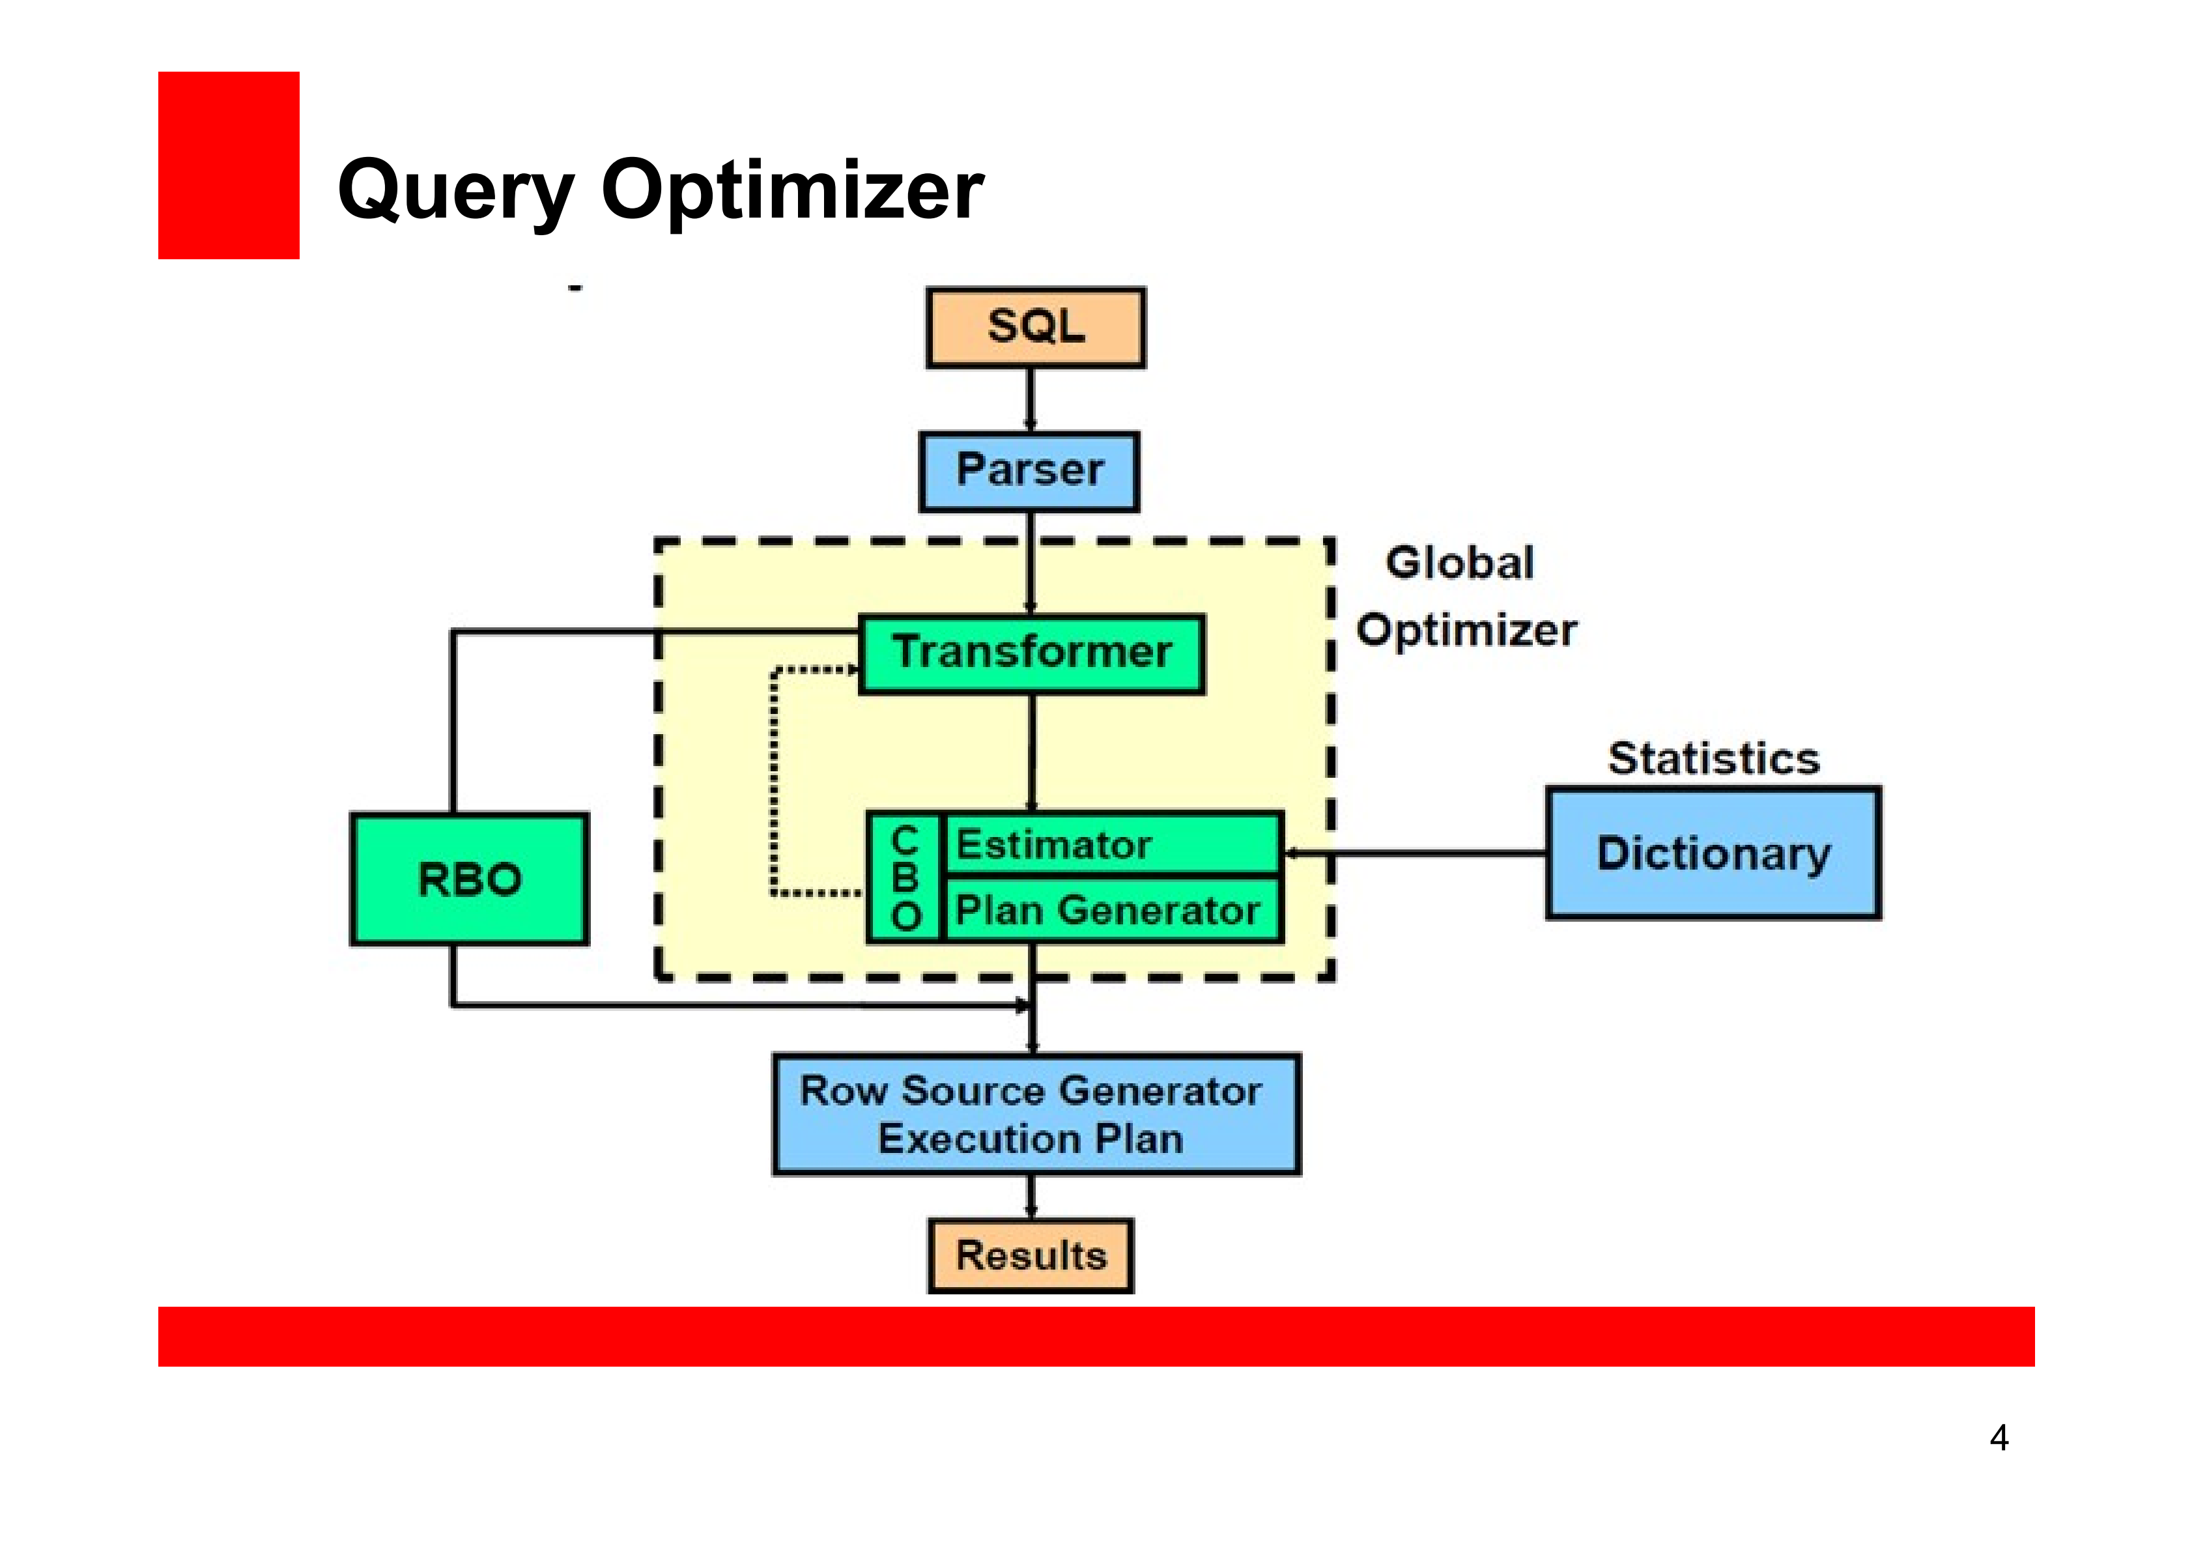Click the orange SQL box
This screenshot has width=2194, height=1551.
1036,327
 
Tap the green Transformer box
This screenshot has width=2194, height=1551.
1032,653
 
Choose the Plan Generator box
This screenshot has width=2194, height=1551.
1112,910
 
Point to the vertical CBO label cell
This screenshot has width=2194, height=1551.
905,878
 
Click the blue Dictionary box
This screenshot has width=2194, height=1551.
1713,853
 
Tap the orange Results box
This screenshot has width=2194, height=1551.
1031,1256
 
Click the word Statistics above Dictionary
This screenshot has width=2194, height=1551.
1713,759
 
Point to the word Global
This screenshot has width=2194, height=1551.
1459,563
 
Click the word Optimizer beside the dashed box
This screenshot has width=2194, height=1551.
1467,631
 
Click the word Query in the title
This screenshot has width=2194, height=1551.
456,191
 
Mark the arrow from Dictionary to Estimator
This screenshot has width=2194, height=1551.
1414,853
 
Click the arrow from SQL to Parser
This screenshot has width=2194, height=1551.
1030,399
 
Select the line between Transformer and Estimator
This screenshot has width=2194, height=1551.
1032,752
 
